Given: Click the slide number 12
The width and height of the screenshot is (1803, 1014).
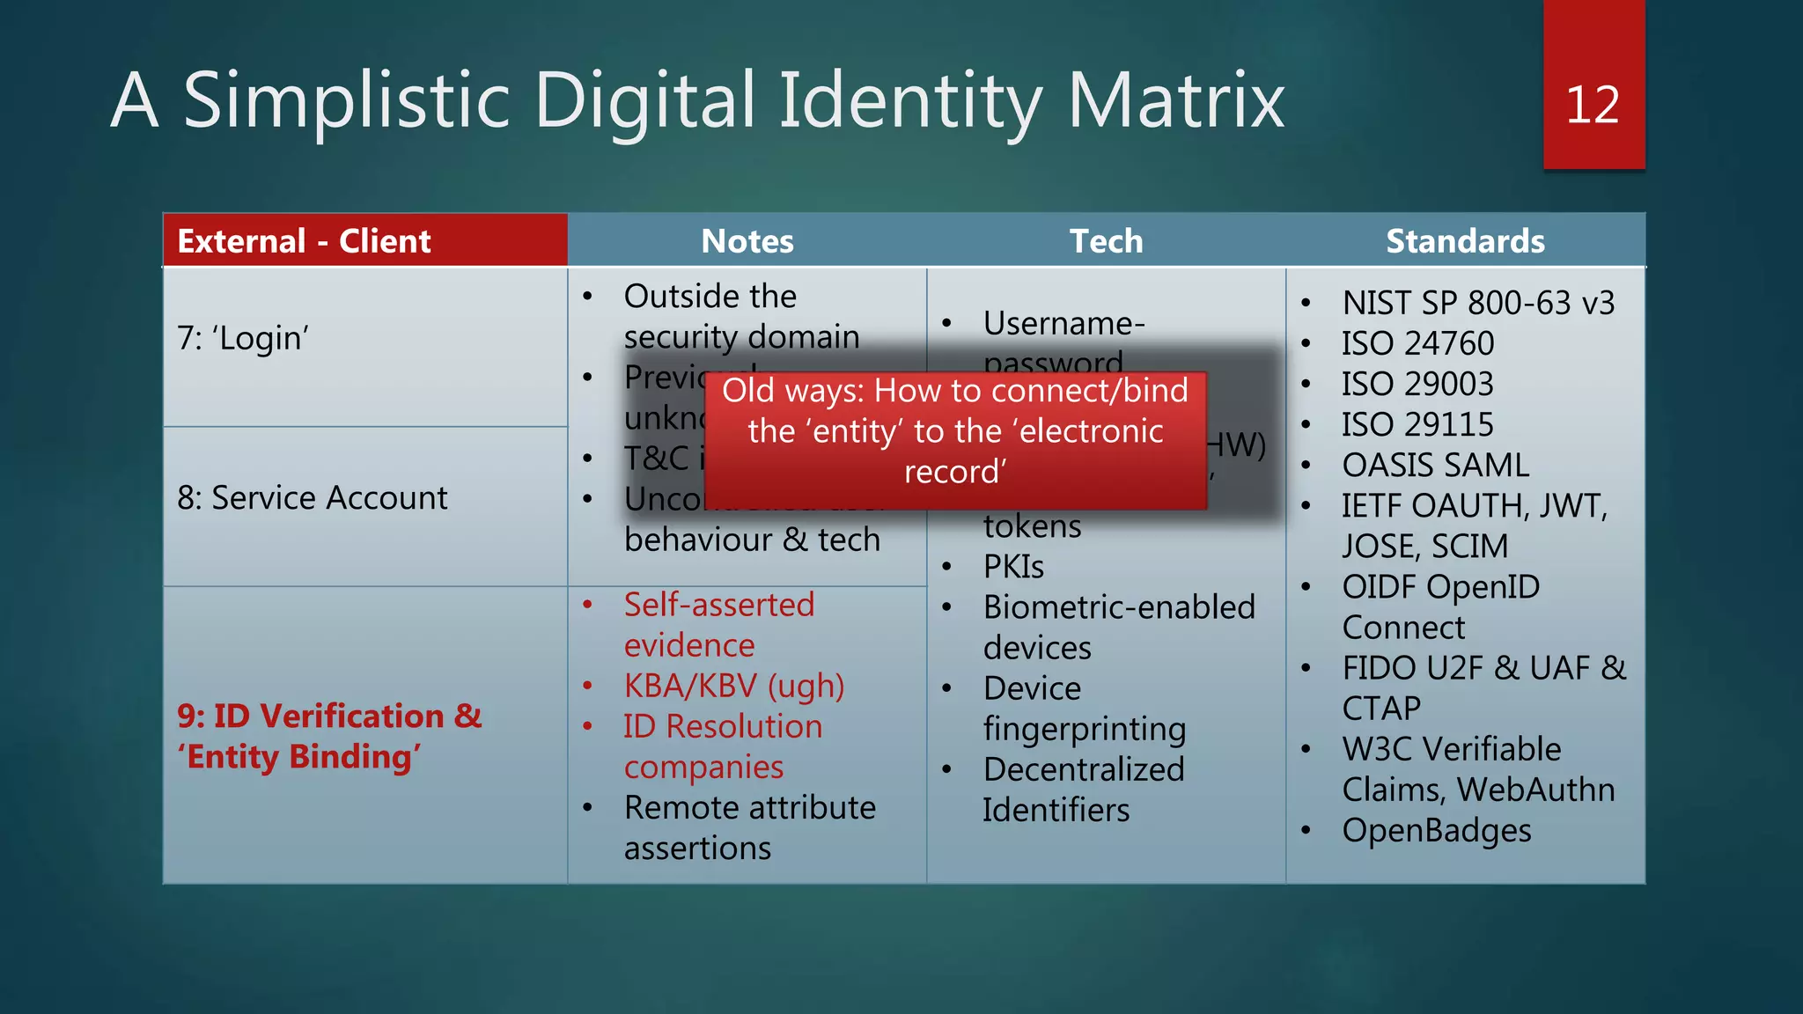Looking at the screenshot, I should click(x=1592, y=106).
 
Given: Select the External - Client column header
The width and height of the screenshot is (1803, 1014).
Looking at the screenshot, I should click(x=304, y=241).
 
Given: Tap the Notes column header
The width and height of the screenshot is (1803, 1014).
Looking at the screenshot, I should click(x=747, y=241).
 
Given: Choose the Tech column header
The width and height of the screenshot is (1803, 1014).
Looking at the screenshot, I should click(x=1106, y=241).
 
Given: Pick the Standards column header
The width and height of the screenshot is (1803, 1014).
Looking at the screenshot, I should click(x=1465, y=241).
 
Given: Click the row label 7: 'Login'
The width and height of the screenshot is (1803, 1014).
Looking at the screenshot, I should click(x=243, y=338).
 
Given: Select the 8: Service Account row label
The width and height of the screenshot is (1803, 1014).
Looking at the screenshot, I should click(x=313, y=498).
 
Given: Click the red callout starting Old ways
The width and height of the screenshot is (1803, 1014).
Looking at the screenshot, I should click(x=955, y=431).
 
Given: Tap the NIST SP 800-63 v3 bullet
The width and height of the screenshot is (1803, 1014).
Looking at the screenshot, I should click(x=1477, y=303).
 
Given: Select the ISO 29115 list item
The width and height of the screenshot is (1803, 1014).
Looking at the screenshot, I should click(x=1417, y=424).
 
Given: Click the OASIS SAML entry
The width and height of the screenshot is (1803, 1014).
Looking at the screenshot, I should click(x=1435, y=465).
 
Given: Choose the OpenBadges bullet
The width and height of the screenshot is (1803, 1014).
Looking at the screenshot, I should click(x=1436, y=830).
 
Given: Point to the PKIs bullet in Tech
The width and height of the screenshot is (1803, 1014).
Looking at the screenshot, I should click(x=1013, y=567).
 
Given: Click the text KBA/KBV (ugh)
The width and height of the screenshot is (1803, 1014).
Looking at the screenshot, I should click(x=733, y=686).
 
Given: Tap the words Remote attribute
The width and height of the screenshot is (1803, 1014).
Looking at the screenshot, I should click(x=749, y=807).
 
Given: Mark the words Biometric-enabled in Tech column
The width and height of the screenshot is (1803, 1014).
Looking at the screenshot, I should click(x=1119, y=607).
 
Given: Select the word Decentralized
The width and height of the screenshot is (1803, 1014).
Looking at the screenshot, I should click(x=1084, y=769).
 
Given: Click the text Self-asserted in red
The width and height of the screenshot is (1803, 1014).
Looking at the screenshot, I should click(x=718, y=605).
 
